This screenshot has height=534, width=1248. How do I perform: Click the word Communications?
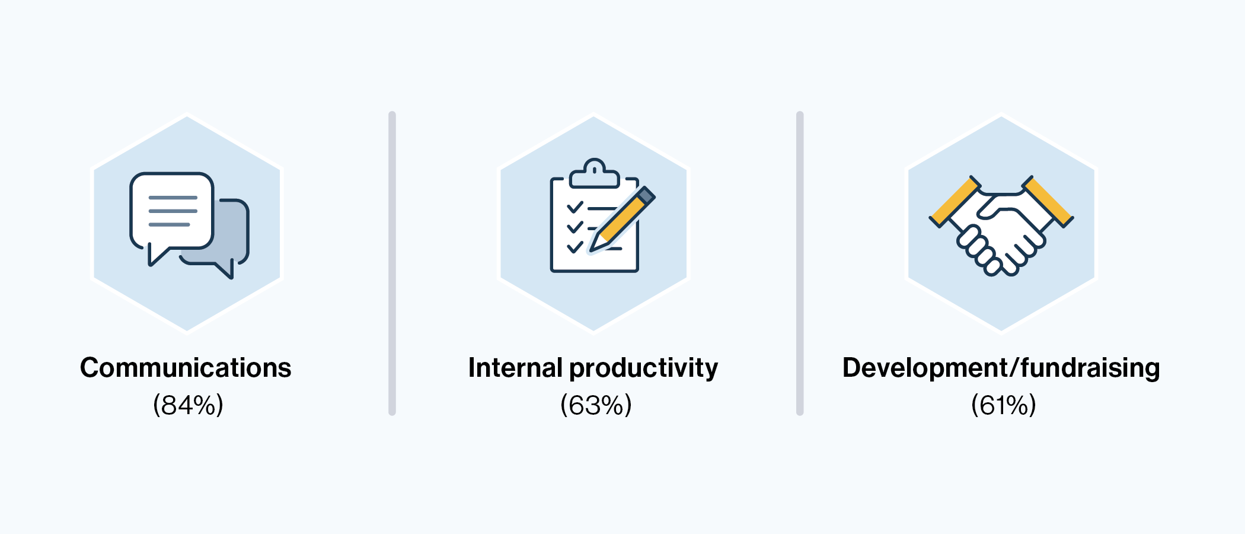click(186, 368)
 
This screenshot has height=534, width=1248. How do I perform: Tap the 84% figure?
click(188, 405)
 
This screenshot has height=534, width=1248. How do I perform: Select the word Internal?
click(515, 367)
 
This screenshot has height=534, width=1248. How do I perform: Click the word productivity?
click(643, 368)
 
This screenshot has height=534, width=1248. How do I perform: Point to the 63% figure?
click(596, 405)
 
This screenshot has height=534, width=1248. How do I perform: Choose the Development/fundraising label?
click(1001, 368)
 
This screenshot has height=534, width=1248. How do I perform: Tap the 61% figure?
click(1003, 405)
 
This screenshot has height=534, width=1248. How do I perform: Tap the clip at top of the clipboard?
click(594, 174)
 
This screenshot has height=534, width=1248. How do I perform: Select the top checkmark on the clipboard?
click(575, 207)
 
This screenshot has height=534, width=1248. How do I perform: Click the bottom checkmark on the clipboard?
click(575, 246)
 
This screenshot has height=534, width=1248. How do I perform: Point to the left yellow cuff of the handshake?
click(954, 202)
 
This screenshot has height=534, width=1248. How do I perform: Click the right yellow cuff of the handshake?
click(1048, 201)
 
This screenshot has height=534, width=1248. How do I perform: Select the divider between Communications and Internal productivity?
click(392, 263)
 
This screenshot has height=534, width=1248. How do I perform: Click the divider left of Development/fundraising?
click(800, 263)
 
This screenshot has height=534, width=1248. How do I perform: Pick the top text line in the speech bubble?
click(173, 198)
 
